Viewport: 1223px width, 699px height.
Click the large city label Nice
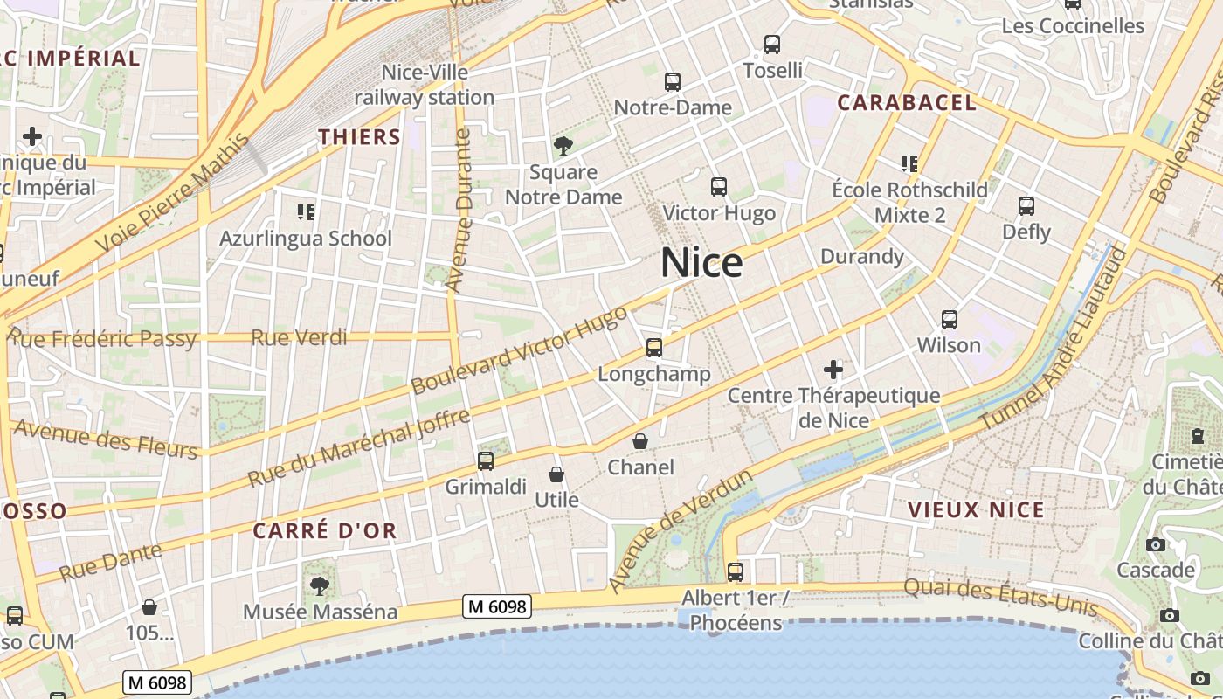tap(701, 262)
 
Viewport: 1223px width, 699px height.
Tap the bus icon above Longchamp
tap(654, 348)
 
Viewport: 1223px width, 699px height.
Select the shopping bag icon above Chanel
tap(640, 441)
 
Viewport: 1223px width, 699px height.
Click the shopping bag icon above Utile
tap(556, 474)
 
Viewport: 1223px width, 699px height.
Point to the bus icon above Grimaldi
tap(486, 460)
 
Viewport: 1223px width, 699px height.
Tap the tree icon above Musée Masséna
tap(320, 585)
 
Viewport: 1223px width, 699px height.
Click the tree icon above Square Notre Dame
tap(563, 146)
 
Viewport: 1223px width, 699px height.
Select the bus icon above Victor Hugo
tap(719, 186)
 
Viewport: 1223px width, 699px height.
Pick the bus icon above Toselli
tap(772, 44)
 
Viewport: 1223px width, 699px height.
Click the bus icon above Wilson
tap(950, 320)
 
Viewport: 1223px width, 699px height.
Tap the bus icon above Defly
tap(1026, 206)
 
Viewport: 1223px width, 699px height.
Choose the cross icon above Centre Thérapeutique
tap(833, 370)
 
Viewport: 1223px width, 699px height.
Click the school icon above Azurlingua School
tap(305, 211)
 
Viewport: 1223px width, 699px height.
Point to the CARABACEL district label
tap(907, 102)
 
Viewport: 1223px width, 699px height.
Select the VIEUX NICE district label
tap(976, 510)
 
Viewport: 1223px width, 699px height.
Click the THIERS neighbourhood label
tap(359, 137)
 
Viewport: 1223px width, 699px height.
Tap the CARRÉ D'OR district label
tap(325, 530)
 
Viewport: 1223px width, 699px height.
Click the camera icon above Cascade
tap(1156, 544)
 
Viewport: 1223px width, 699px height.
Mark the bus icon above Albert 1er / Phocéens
tap(736, 572)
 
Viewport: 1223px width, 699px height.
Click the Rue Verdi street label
tap(299, 337)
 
